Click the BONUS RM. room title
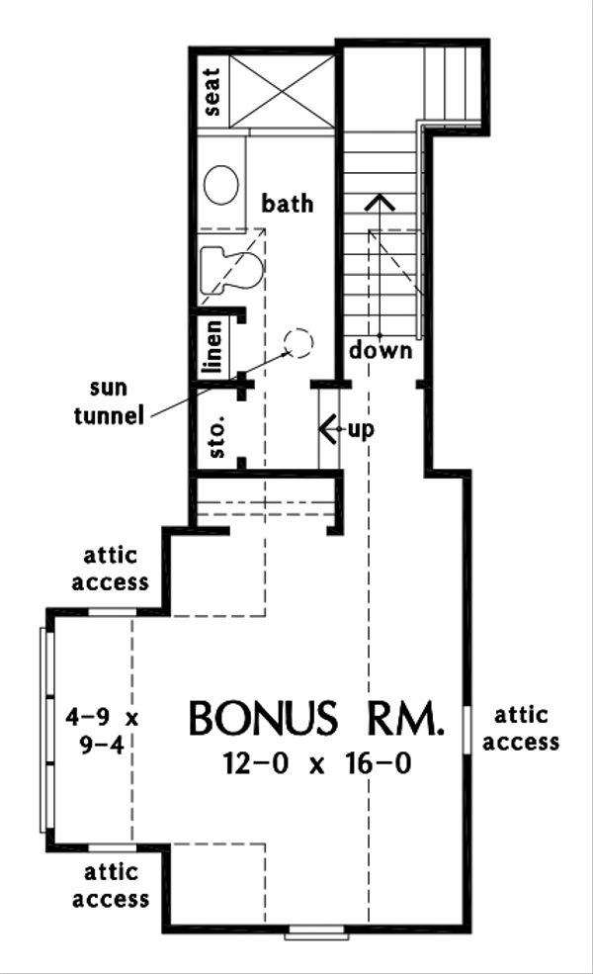(315, 719)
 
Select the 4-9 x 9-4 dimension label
(96, 729)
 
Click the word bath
(288, 204)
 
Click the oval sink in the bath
(220, 185)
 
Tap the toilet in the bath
(230, 268)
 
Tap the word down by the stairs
(381, 351)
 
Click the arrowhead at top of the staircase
(381, 202)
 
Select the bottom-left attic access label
(116, 885)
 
